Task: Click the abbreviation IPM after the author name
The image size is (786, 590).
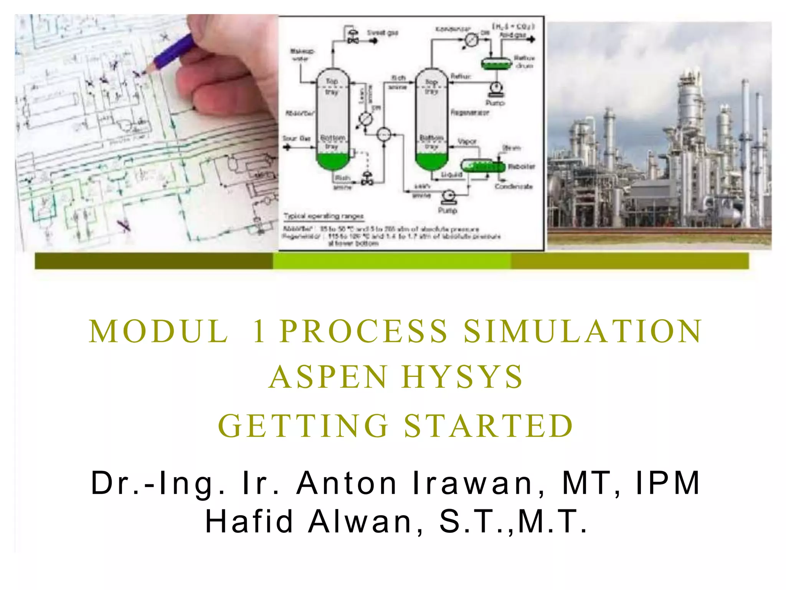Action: click(667, 483)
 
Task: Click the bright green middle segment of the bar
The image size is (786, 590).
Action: click(391, 261)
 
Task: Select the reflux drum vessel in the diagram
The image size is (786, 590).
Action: click(497, 62)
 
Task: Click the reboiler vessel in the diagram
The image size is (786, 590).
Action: click(483, 166)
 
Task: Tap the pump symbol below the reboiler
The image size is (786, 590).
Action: click(448, 197)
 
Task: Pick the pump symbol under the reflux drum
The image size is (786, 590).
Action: click(495, 89)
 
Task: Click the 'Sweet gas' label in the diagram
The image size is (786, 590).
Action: click(382, 33)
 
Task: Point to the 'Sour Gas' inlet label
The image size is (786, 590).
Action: click(296, 138)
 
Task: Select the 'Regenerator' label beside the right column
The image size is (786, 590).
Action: click(469, 112)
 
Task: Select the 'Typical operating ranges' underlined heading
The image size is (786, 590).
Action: click(323, 216)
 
